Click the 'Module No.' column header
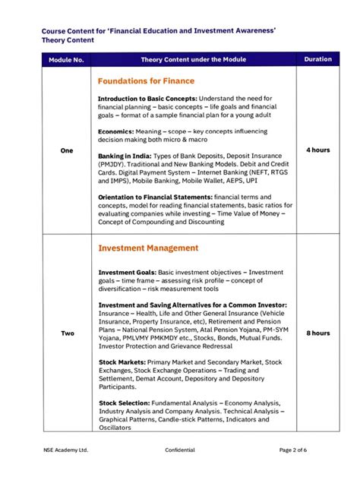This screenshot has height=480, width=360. pos(66,58)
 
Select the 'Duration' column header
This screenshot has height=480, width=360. pos(317,58)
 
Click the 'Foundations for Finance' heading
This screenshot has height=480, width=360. pos(146,81)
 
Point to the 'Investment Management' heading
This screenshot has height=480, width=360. pos(148,248)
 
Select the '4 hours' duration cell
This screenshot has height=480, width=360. pos(317,150)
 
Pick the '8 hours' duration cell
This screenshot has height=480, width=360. pos(317,333)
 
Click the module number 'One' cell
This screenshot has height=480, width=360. pos(66,150)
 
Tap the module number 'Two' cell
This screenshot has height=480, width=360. pos(66,333)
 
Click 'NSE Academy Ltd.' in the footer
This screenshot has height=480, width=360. pos(66,450)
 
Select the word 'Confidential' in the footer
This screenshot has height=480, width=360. pos(180,450)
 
